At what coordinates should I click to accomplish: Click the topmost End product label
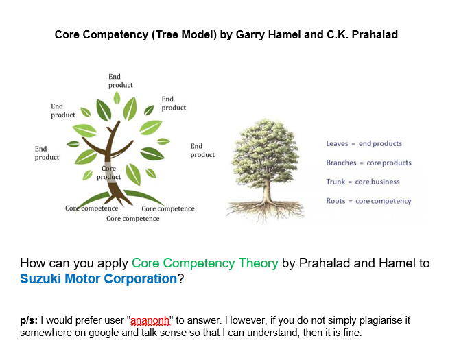click(120, 81)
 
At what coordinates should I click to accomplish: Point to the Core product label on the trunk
click(108, 172)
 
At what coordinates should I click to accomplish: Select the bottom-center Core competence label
click(132, 219)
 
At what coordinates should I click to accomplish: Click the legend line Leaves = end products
click(364, 144)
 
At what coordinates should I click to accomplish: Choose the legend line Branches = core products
click(368, 163)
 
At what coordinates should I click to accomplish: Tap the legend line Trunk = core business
click(362, 182)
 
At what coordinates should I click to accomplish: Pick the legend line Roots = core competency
click(368, 201)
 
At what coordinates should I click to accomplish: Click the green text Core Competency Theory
click(204, 263)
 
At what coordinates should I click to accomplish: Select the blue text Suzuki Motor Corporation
click(98, 279)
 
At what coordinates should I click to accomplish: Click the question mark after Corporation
click(180, 279)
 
